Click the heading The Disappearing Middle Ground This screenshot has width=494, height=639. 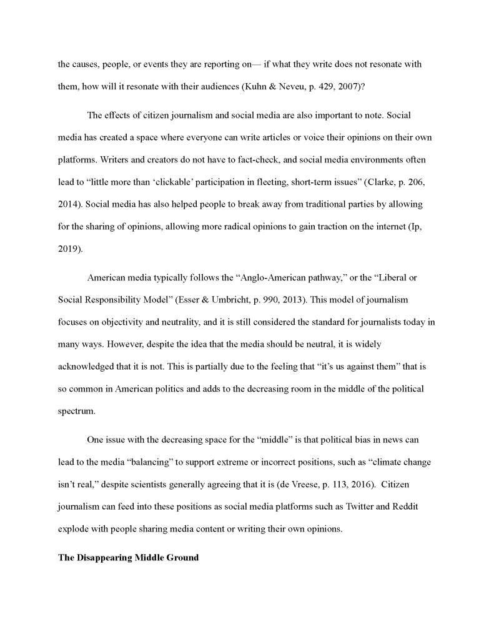pyautogui.click(x=128, y=557)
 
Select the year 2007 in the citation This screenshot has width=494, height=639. pyautogui.click(x=347, y=88)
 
